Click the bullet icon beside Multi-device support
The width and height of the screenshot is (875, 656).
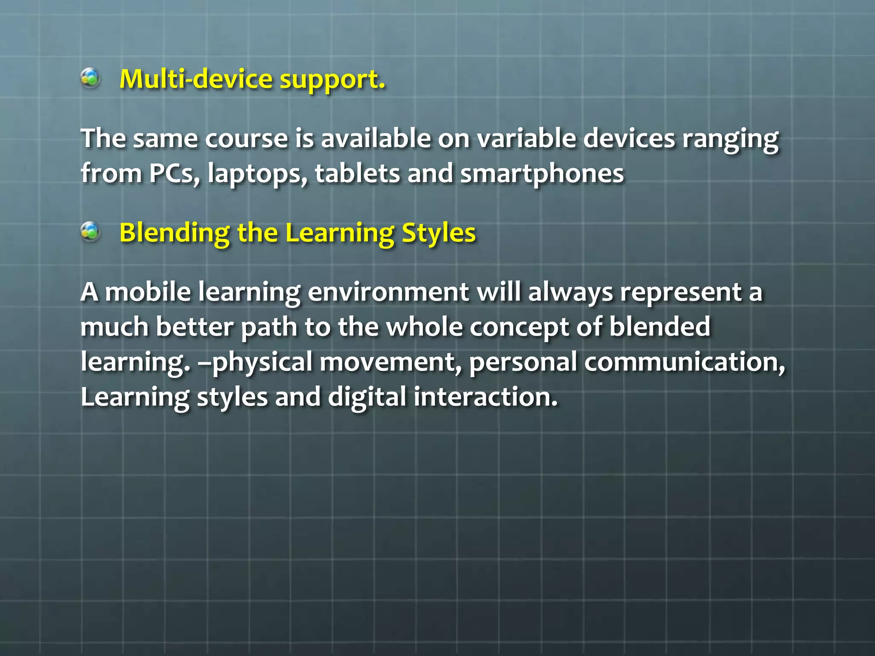tap(90, 78)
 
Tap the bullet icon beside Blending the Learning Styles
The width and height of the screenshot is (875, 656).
tap(90, 232)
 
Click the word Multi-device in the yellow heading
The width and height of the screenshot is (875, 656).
tap(196, 79)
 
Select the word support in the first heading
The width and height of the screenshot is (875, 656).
tap(332, 80)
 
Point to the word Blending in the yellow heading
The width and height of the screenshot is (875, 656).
tap(174, 234)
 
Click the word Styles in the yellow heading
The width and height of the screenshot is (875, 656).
tap(438, 234)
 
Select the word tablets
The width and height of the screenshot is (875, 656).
tap(357, 174)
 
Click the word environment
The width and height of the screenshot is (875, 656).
tap(388, 293)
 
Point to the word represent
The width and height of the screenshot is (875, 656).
tap(681, 293)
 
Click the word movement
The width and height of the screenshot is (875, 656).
tap(391, 363)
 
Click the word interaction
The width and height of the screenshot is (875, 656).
tap(485, 397)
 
